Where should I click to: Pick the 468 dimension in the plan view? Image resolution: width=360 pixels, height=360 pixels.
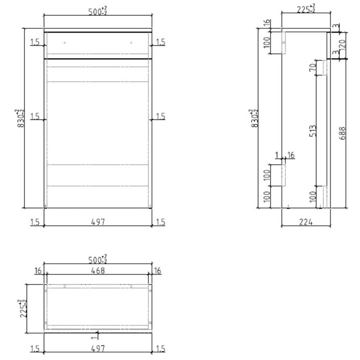98,271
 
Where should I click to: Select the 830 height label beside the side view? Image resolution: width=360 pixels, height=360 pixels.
254,118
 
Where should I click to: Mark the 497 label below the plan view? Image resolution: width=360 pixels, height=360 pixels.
98,349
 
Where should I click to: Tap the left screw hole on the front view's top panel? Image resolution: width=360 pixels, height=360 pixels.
65,43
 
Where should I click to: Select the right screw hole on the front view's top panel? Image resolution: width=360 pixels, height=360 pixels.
131,43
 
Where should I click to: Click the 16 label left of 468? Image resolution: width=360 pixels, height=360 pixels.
38,271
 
